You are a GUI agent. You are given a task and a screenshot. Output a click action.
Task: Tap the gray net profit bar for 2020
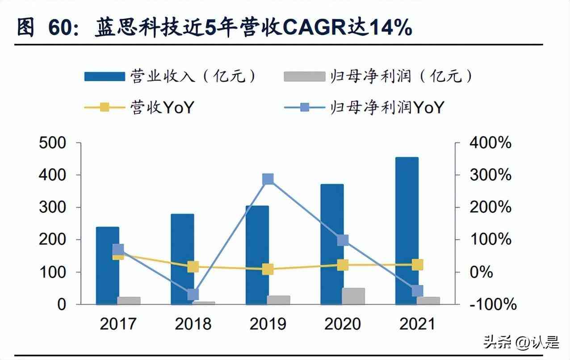[x=353, y=296]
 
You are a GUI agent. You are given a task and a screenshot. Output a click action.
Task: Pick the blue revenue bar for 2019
[x=257, y=255]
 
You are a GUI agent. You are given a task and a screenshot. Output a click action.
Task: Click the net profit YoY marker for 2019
[x=268, y=179]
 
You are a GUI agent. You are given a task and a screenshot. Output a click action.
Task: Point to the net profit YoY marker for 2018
[x=193, y=294]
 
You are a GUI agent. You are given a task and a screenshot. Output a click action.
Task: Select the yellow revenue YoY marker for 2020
[x=343, y=265]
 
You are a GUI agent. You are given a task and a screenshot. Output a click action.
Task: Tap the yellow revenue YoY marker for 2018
[x=193, y=267]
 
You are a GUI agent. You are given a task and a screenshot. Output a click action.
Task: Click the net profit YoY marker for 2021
[x=417, y=291]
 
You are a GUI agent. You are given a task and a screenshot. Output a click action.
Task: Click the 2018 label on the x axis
[x=193, y=324]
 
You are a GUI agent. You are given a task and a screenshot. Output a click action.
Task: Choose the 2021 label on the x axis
[x=417, y=324]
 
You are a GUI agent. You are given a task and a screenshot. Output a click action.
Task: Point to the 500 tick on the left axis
[x=53, y=143]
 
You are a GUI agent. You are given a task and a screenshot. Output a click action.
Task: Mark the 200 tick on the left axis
[x=53, y=240]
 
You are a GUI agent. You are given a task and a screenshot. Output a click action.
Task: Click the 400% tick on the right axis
[x=490, y=143]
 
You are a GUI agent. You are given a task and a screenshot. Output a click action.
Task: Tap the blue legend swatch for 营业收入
[x=105, y=76]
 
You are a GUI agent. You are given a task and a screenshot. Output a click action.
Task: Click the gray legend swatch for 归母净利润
[x=304, y=76]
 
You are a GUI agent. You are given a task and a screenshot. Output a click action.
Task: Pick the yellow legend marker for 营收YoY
[x=105, y=107]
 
